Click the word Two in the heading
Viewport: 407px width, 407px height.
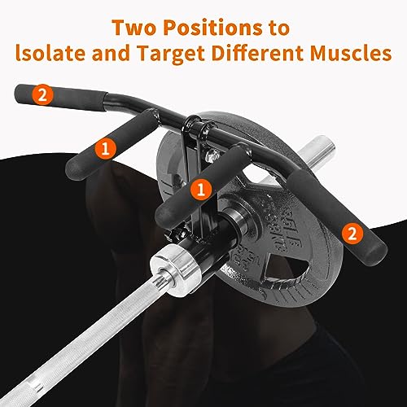[x=136, y=28]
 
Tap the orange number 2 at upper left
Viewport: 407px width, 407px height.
[x=40, y=94]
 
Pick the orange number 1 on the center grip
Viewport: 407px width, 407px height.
[x=198, y=189]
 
